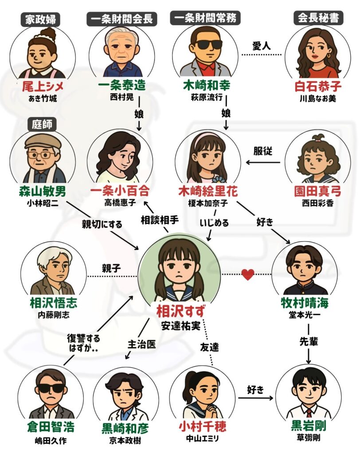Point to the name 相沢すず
180,312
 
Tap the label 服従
263,151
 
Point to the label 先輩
309,342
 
